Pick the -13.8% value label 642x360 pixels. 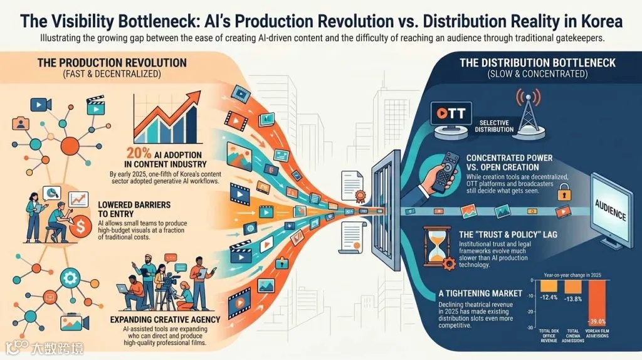574,298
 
